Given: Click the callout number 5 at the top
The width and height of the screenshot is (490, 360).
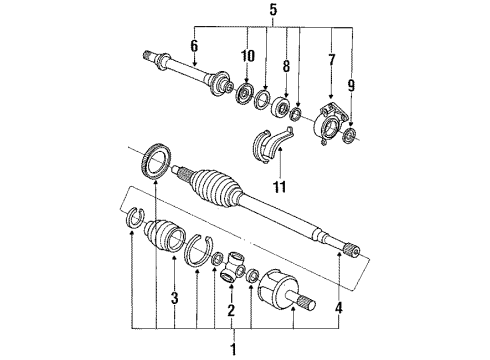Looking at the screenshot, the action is tap(273, 9).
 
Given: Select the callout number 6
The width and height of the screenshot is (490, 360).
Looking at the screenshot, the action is tap(194, 46).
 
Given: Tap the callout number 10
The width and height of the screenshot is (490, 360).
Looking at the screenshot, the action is tap(248, 56).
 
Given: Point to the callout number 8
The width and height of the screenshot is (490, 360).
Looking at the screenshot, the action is tap(286, 66).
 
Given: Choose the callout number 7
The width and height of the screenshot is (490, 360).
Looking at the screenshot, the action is tap(331, 60).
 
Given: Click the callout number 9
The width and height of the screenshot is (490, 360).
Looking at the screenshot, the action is tap(351, 86).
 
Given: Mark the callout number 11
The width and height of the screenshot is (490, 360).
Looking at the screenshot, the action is tap(280, 187).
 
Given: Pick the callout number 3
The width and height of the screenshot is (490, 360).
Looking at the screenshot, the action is tap(174, 298).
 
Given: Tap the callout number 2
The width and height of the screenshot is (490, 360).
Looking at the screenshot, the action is tap(231, 310).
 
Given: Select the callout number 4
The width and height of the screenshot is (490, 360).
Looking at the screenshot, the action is tap(338, 308).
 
